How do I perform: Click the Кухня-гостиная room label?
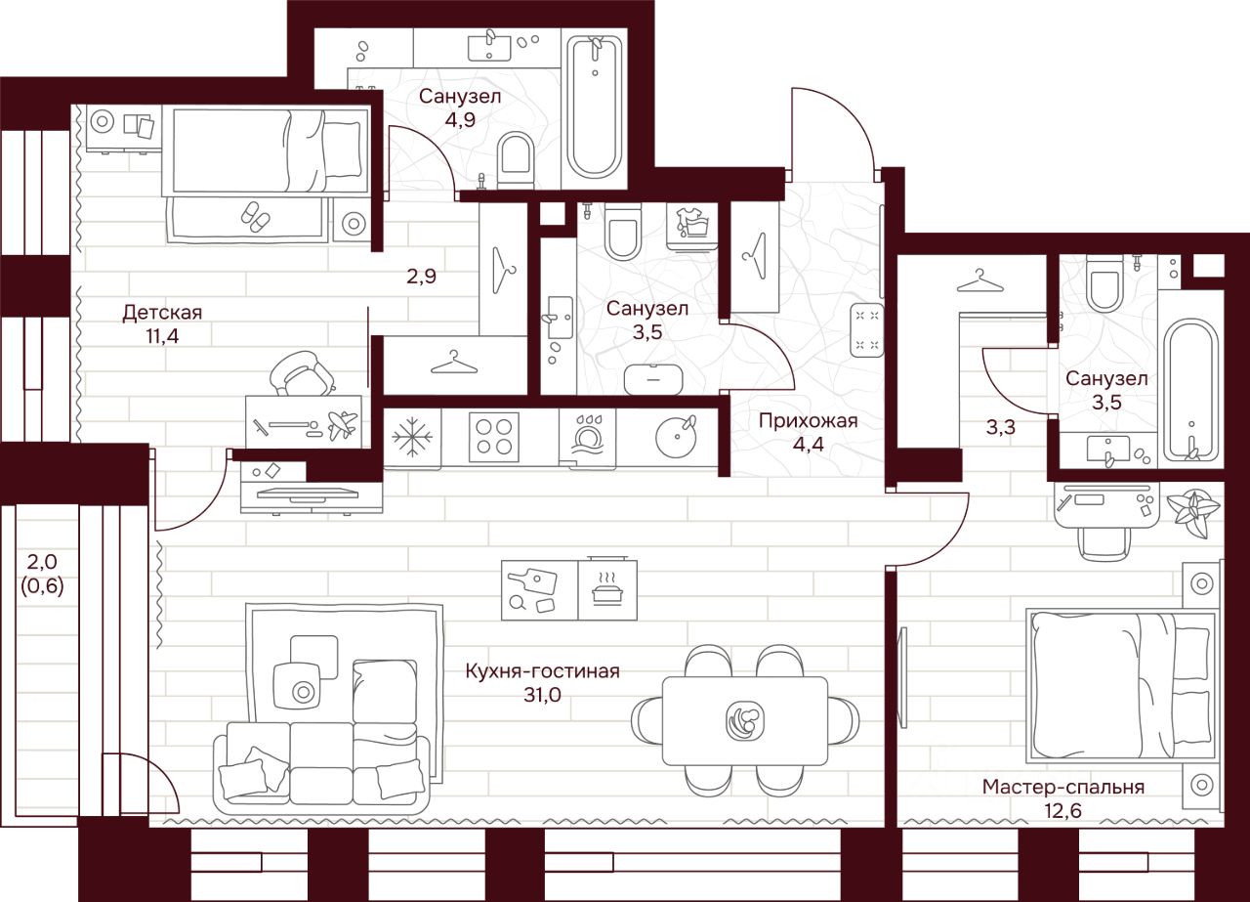click(x=542, y=671)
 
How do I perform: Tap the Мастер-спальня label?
click(x=1063, y=787)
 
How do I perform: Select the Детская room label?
click(x=162, y=313)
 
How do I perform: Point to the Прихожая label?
click(x=808, y=421)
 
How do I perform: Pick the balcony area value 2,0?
click(x=41, y=562)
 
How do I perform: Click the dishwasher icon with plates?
click(x=588, y=436)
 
